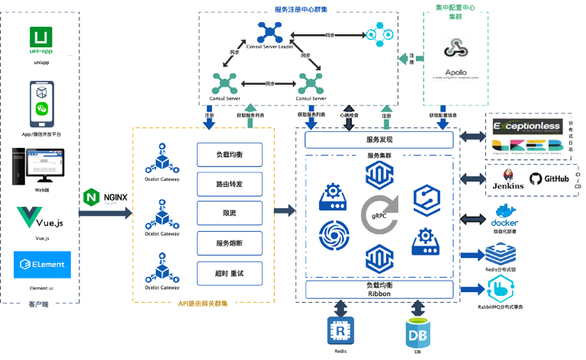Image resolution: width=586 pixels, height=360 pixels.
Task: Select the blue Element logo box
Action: point(43,264)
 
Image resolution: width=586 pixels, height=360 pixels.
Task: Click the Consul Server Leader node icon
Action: point(269,32)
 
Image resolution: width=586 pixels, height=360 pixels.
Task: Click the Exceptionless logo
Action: point(526,125)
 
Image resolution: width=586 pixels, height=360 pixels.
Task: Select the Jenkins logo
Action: point(507,177)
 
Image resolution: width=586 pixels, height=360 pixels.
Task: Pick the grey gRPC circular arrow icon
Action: point(379,214)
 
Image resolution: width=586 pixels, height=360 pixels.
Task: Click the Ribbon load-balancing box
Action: point(379,289)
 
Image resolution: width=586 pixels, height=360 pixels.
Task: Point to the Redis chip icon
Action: point(336,330)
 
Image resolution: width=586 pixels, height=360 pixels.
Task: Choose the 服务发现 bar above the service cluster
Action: point(379,140)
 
